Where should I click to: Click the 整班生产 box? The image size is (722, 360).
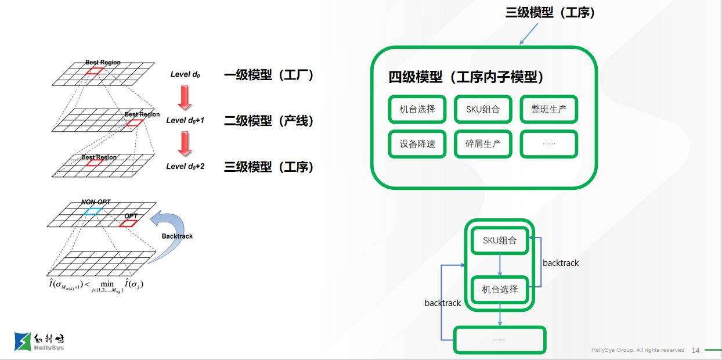[548, 109]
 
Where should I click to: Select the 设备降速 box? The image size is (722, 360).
[417, 144]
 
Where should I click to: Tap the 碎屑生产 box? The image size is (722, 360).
[483, 144]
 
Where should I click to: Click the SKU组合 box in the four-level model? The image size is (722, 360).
[483, 109]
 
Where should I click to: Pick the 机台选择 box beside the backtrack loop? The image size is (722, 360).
[500, 289]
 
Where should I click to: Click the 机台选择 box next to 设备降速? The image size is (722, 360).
[417, 109]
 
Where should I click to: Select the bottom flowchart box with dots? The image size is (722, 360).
[500, 340]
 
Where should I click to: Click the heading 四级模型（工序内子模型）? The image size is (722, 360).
[466, 77]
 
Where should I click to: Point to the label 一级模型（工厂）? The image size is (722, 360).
[269, 74]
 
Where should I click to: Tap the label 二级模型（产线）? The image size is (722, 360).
[269, 121]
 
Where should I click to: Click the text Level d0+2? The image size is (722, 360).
[185, 167]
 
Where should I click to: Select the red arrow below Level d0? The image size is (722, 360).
[185, 97]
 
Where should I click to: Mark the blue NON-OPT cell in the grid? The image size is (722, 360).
[93, 211]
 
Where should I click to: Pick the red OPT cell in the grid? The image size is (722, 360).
[128, 223]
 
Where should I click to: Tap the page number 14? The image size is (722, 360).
[695, 350]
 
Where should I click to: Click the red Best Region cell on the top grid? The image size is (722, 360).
[95, 71]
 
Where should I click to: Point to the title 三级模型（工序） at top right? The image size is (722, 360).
[550, 13]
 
